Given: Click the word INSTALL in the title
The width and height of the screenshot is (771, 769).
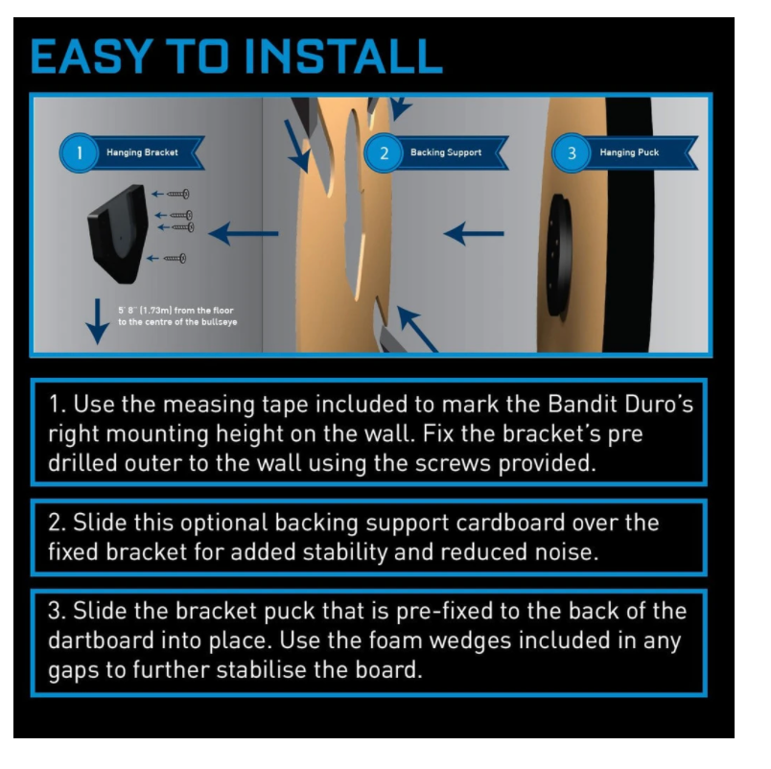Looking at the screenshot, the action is pyautogui.click(x=343, y=56).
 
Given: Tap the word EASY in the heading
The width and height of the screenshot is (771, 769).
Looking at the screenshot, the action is pyautogui.click(x=91, y=56).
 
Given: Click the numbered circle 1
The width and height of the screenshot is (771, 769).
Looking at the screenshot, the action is pyautogui.click(x=79, y=152).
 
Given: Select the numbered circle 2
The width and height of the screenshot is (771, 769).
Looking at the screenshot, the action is pyautogui.click(x=384, y=152).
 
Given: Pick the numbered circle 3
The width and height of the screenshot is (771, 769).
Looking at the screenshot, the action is pyautogui.click(x=571, y=152).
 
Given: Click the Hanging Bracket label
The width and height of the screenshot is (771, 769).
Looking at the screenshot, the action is pyautogui.click(x=142, y=152).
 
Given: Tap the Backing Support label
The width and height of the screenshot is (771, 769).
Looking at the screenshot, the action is pyautogui.click(x=446, y=152).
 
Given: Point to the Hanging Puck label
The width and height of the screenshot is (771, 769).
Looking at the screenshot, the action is pyautogui.click(x=629, y=152).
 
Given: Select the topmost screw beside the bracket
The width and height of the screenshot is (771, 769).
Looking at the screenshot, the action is pyautogui.click(x=178, y=195).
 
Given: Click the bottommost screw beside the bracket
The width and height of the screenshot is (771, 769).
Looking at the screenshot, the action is pyautogui.click(x=175, y=258).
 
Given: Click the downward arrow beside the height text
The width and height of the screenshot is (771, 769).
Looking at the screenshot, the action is pyautogui.click(x=98, y=321).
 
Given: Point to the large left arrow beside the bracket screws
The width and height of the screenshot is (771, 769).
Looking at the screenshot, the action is pyautogui.click(x=244, y=234).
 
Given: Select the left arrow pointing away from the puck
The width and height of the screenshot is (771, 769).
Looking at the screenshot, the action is pyautogui.click(x=474, y=234).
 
